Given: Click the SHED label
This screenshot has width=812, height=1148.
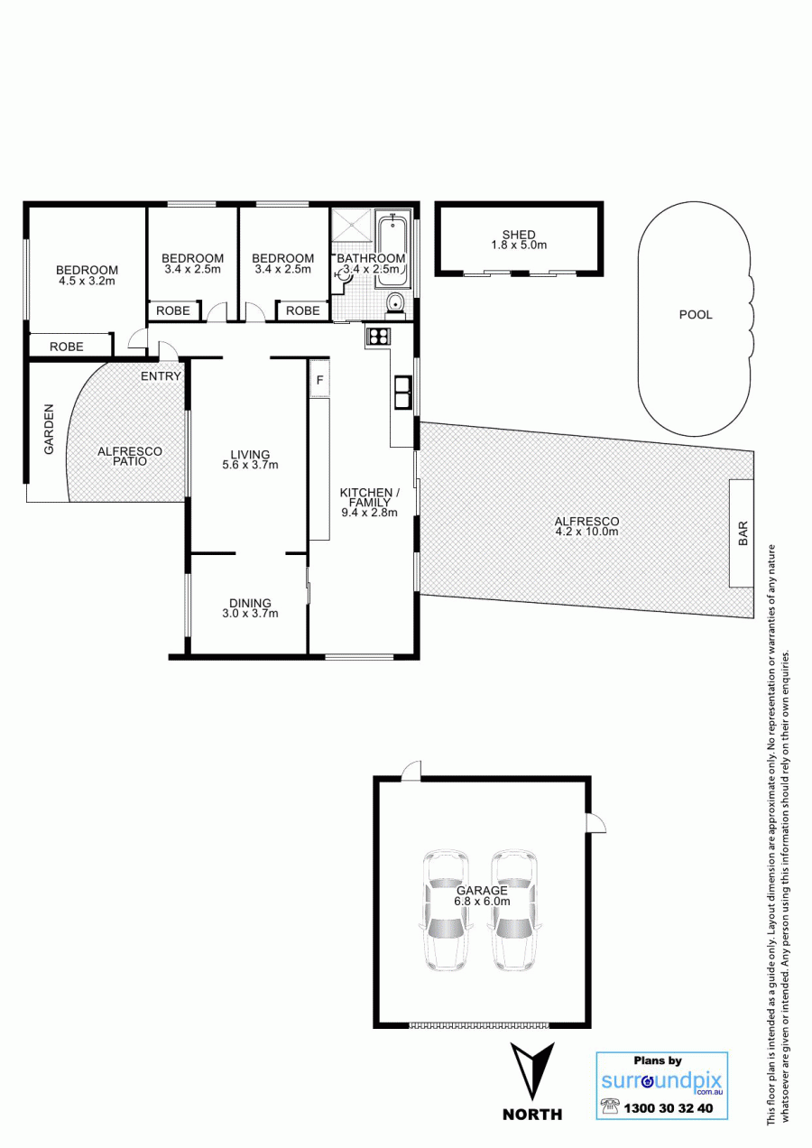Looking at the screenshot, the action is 519,235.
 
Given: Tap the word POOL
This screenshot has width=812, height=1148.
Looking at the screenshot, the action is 696,315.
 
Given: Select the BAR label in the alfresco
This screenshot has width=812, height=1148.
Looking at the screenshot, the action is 743,533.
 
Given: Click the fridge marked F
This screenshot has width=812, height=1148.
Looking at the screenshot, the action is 319,379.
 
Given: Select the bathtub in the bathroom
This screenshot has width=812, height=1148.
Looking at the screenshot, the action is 393,249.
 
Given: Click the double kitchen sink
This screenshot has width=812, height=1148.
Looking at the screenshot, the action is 402,392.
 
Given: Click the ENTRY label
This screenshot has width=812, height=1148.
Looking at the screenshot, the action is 161,376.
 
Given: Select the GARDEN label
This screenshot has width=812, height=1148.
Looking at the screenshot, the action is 49,429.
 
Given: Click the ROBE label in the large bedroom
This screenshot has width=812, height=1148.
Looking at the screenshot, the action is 67,347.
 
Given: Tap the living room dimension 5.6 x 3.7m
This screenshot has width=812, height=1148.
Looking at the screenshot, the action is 250,466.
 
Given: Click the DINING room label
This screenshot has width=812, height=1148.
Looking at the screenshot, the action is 250,603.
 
